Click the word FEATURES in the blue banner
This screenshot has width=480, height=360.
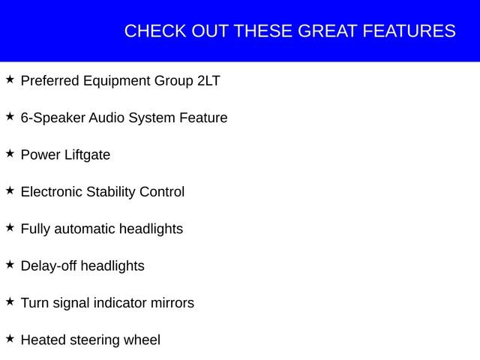tap(409, 31)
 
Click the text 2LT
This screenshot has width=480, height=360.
tap(208, 81)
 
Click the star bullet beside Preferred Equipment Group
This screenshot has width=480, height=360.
tap(10, 79)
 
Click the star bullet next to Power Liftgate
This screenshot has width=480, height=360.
tap(10, 153)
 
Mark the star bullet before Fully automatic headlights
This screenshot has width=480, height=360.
tap(10, 226)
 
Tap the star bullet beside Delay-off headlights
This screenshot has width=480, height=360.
tap(10, 264)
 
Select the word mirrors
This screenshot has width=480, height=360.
tap(169, 303)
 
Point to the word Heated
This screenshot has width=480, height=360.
tap(43, 340)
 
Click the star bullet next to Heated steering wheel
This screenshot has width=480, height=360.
tap(10, 338)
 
